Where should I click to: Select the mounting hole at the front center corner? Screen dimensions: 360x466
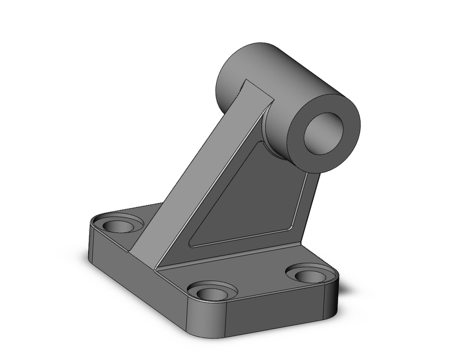point(212,293)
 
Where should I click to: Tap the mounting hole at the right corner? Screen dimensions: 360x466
point(310,275)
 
